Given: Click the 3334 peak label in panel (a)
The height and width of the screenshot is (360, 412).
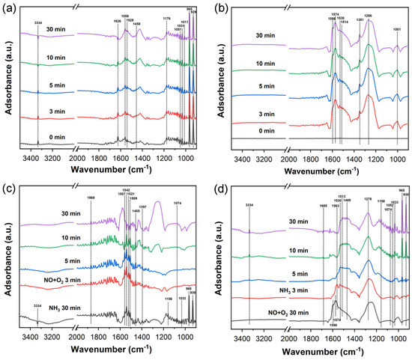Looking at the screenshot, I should pyautogui.click(x=38, y=23).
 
